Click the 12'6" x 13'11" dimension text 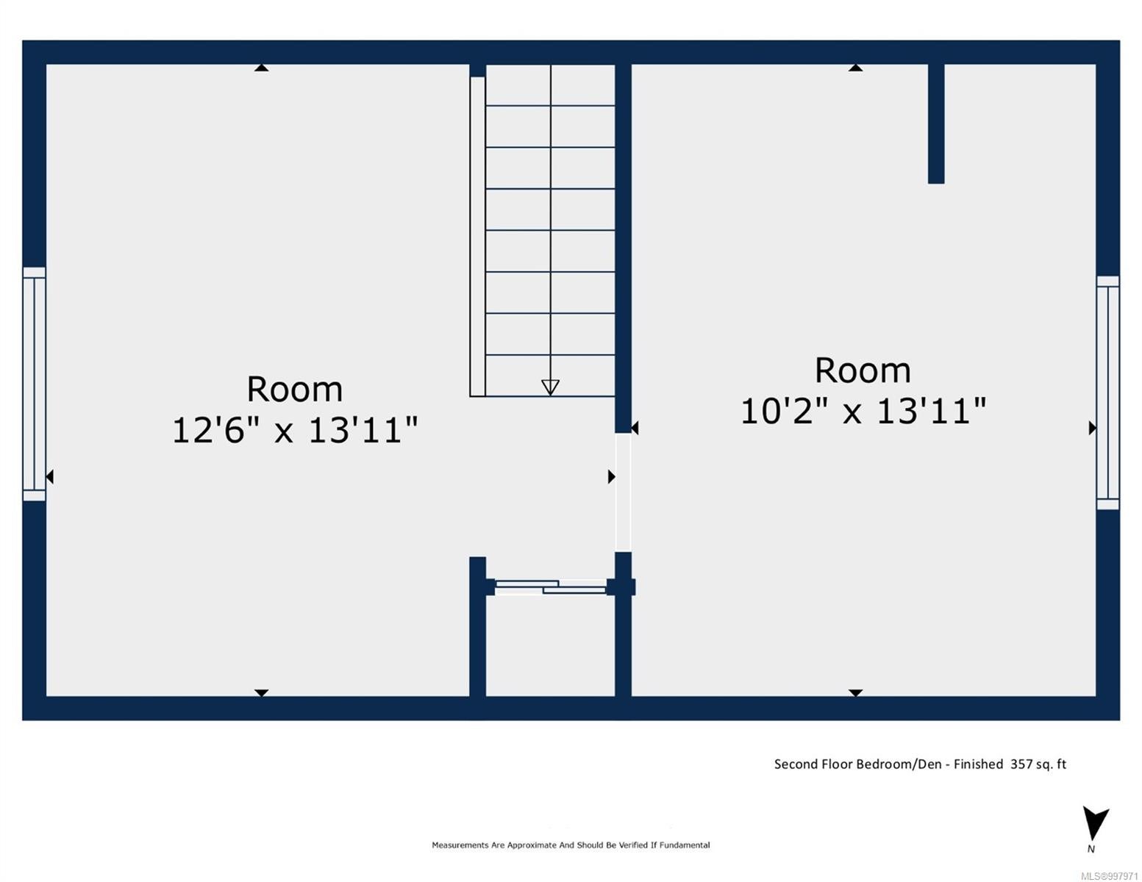(295, 430)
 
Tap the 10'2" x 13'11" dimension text (863, 410)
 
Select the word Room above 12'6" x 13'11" (295, 390)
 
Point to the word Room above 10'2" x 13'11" (863, 370)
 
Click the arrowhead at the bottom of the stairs (550, 387)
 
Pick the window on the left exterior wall (34, 384)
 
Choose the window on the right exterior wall (1108, 392)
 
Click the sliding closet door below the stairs (551, 587)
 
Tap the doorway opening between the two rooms (624, 492)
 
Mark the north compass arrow (1095, 824)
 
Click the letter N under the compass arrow (1091, 849)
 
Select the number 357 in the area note (1021, 764)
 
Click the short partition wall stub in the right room (936, 124)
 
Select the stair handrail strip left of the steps (478, 237)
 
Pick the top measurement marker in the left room (262, 68)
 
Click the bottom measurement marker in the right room (855, 693)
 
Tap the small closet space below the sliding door (550, 645)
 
